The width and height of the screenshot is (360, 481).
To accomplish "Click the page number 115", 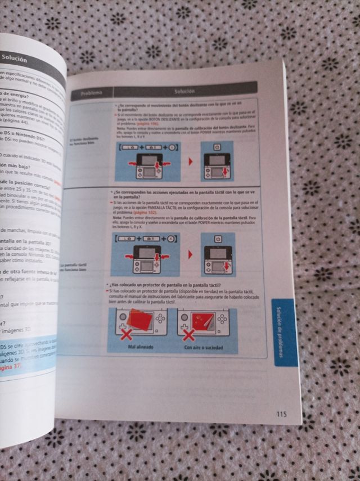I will pos(281,415).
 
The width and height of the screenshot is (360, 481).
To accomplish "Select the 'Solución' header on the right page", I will pos(184,91).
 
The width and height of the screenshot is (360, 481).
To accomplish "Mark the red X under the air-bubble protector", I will pos(189,336).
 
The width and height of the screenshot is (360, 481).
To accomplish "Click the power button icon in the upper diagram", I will pos(219,146).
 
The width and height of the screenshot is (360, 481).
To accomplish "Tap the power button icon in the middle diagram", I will pos(219,239).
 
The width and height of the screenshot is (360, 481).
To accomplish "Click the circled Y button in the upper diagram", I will pos(172,148).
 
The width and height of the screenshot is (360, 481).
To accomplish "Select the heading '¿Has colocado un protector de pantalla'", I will pos(157,285).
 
